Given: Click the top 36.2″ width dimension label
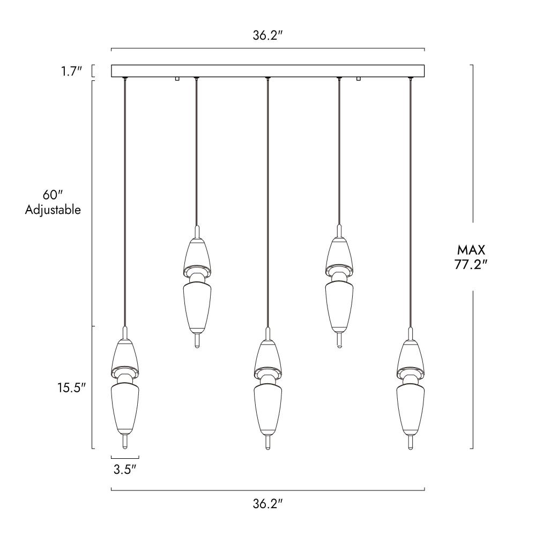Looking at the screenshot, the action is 268,35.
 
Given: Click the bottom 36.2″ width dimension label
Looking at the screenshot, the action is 268,503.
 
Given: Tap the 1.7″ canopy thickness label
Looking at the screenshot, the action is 71,71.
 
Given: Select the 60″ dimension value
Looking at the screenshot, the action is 53,195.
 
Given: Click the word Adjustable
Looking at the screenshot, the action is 53,210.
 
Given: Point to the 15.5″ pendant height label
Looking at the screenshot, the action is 71,388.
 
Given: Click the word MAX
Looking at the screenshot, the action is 471,250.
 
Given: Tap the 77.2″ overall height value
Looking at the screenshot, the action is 471,264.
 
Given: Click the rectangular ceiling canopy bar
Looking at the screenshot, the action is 268,71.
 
